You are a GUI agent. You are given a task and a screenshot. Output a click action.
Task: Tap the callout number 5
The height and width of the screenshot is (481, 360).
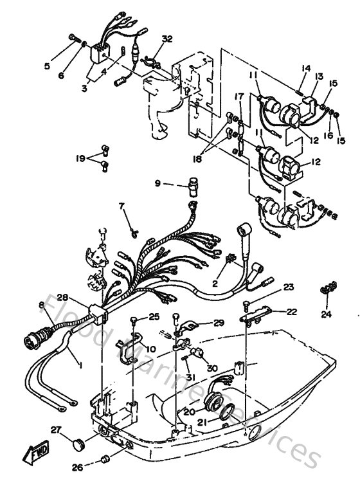(x=47, y=65)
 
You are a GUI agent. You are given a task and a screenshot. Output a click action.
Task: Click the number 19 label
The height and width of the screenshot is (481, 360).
(x=80, y=157)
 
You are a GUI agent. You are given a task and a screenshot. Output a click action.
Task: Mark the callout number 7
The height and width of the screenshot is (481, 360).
(x=120, y=206)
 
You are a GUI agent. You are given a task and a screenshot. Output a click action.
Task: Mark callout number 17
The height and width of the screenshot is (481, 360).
(x=238, y=96)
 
